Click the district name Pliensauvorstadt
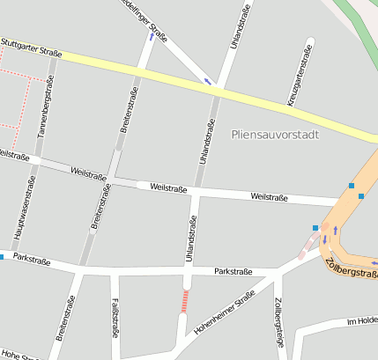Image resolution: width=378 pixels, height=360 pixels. pos(274,134)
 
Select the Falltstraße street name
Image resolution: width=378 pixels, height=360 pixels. pos(115,318)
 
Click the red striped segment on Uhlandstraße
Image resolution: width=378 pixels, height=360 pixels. pos(184,301)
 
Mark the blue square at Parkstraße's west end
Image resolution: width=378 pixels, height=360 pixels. pos(2,257)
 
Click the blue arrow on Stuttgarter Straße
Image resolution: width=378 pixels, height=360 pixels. pos(209,82)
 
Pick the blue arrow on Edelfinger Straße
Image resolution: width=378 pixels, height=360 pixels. pos(151,37)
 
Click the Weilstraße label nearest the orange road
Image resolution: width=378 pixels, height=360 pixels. pos(270,196)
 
